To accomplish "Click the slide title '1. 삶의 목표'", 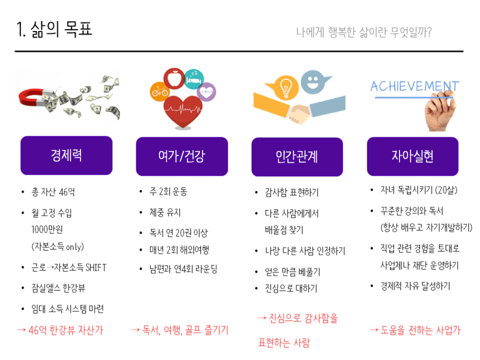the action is click(x=54, y=29).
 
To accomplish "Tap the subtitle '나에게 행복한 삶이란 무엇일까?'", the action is click(x=364, y=32).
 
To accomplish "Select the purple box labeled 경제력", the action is click(x=66, y=155).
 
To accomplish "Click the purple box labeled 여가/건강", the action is click(x=182, y=156).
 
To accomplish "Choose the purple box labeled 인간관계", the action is click(x=297, y=157).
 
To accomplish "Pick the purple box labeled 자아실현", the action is click(x=412, y=156).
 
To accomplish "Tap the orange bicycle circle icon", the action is click(x=159, y=91).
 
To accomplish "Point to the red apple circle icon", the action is click(x=174, y=78).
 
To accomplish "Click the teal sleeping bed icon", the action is click(x=194, y=79).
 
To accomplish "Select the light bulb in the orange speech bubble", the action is click(x=286, y=87).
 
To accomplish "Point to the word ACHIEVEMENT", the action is click(x=415, y=86).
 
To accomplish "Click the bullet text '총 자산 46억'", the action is click(x=53, y=192).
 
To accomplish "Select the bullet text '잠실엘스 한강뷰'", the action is click(x=58, y=288).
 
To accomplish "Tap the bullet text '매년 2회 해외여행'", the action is click(x=179, y=250).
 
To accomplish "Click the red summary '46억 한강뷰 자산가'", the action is click(x=66, y=330).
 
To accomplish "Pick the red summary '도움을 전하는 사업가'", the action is click(x=421, y=330).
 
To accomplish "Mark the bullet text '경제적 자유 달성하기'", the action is click(x=415, y=286).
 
